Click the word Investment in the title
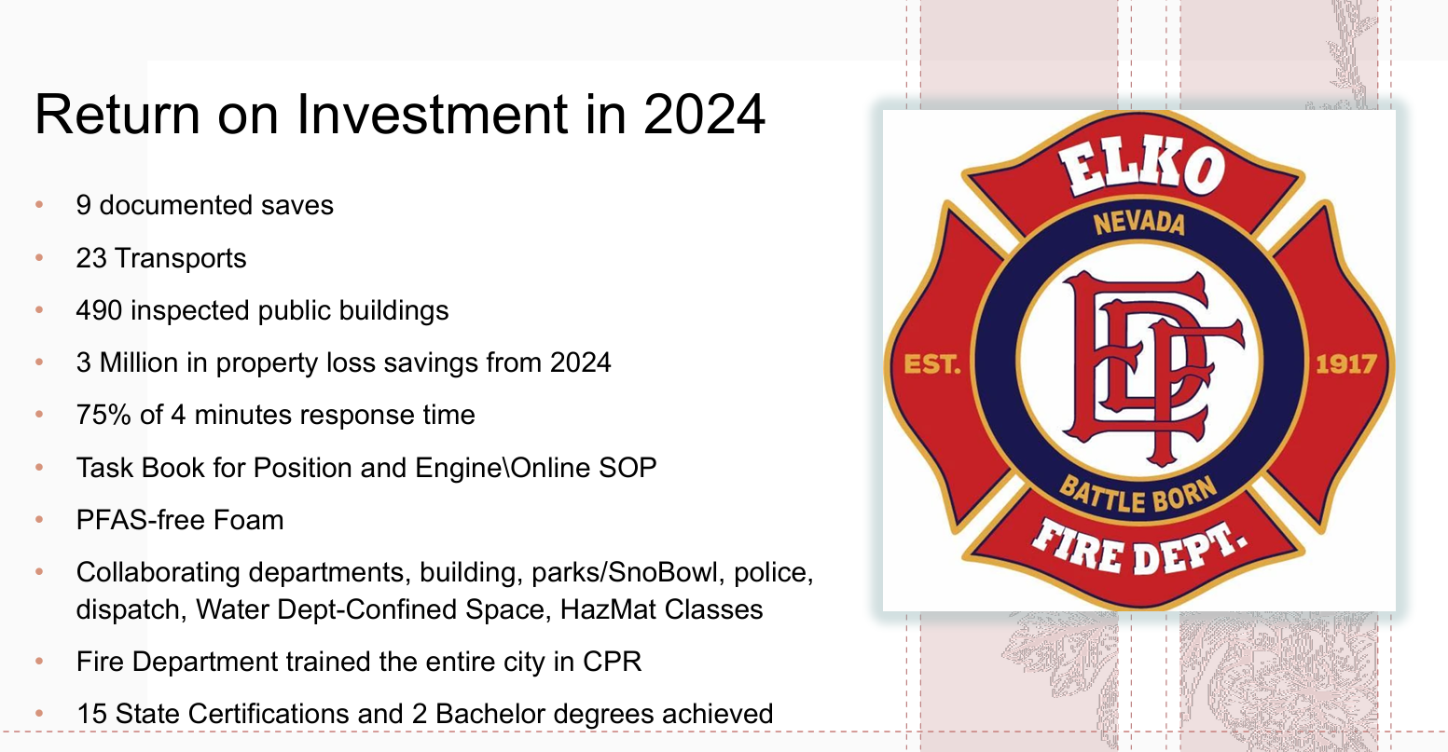click(432, 115)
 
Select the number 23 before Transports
click(91, 258)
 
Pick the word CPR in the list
click(612, 662)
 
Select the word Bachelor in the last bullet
click(490, 714)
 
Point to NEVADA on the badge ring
click(1138, 223)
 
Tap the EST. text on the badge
click(932, 363)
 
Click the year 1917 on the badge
click(1345, 363)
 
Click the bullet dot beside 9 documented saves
click(39, 205)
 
